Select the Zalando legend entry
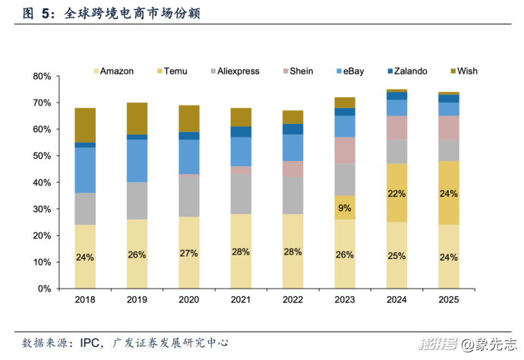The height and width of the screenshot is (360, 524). tap(406, 71)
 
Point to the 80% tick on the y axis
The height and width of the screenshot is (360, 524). tap(41, 77)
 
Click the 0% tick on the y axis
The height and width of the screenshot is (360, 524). tap(43, 289)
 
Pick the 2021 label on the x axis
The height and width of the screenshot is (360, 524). tap(241, 300)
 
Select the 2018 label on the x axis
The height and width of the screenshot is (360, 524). tap(85, 300)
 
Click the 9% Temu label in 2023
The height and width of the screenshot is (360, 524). tap(344, 207)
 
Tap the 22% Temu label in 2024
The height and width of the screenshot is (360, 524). tap(396, 194)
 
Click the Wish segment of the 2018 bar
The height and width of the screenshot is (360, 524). tap(85, 125)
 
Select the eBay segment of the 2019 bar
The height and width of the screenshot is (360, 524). tap(137, 161)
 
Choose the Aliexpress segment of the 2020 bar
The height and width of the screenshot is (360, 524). tap(188, 196)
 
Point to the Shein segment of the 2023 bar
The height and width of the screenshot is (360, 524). tap(345, 150)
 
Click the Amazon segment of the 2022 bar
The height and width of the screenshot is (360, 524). tap(292, 251)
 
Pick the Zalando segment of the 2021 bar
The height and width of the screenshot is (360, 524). tap(241, 131)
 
